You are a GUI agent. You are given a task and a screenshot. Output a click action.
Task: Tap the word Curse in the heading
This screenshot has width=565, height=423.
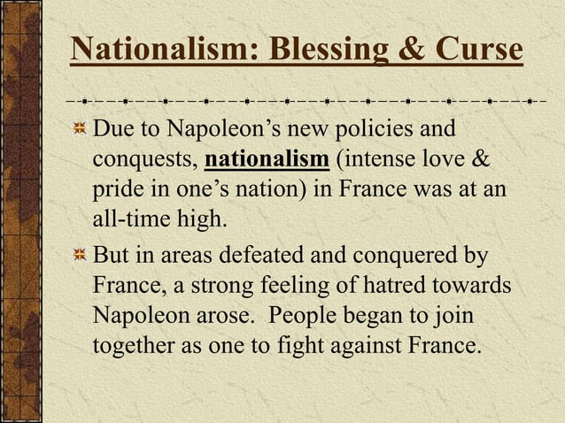pyautogui.click(x=477, y=50)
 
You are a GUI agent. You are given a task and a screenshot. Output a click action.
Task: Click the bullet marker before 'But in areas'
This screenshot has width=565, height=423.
pyautogui.click(x=79, y=257)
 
